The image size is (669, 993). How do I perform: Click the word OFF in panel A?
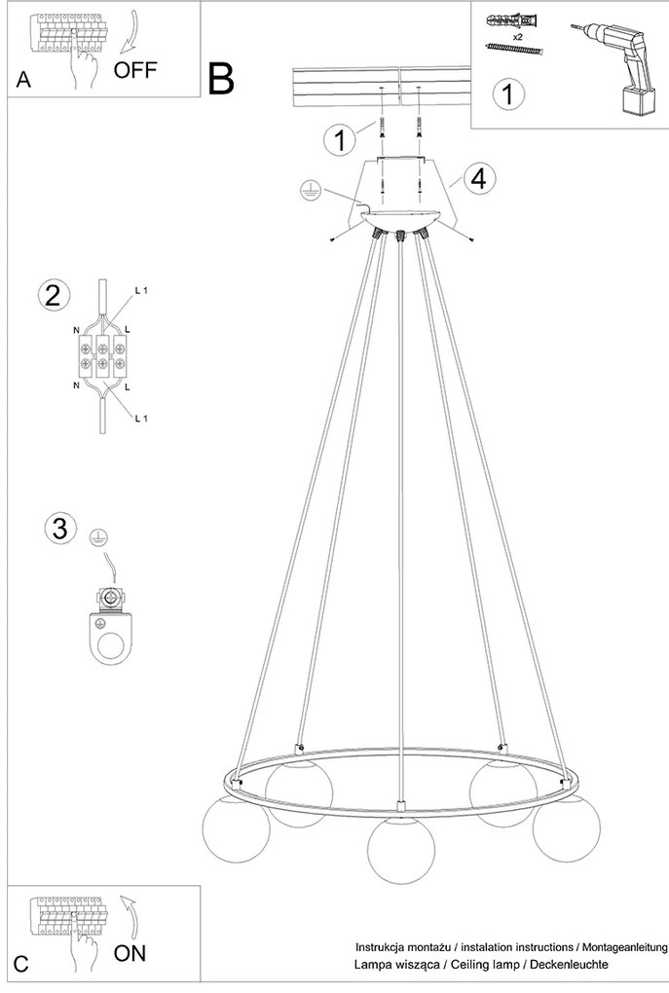point(135,69)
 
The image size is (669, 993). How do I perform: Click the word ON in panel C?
point(130,953)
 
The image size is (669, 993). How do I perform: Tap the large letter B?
point(221,79)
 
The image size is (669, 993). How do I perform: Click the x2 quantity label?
point(518,37)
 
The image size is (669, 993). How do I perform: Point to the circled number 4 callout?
point(479,178)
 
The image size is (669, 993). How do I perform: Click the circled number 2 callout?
point(54,295)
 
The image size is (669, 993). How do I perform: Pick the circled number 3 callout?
point(60,529)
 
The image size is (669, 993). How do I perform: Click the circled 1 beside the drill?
point(507,93)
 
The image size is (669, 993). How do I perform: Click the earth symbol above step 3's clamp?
point(97,537)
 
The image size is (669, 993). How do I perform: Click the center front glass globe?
point(401,849)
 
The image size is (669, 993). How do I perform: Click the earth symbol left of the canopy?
point(311,191)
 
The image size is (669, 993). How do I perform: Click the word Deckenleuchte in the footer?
point(569,964)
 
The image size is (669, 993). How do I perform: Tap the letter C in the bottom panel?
point(20,964)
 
